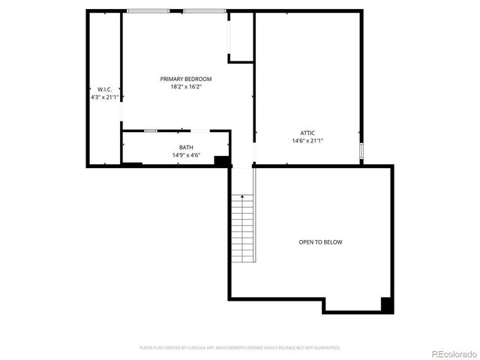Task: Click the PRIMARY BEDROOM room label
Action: coord(186,79)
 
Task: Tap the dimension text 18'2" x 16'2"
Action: coord(186,87)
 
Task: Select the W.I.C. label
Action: coord(104,89)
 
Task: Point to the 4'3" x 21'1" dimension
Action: coord(104,97)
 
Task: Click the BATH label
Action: coord(186,147)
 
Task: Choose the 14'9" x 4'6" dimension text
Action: coord(186,155)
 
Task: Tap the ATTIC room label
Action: coord(307,133)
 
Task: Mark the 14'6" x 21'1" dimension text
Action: coord(307,141)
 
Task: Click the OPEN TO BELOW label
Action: coord(320,242)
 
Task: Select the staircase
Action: coord(242,229)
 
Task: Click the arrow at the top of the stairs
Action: coord(242,196)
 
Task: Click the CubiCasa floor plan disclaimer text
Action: coord(240,348)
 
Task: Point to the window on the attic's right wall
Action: coord(361,152)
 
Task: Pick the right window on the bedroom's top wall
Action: coord(204,11)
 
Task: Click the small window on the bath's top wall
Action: coord(151,131)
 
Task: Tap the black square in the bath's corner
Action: coord(221,160)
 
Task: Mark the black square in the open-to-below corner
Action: coord(387,304)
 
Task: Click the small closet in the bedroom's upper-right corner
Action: coord(241,36)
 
